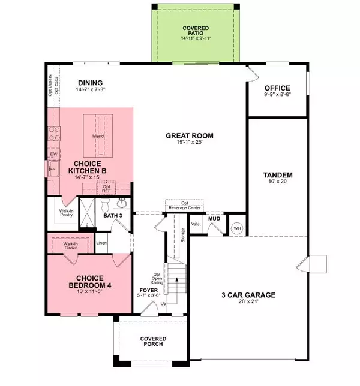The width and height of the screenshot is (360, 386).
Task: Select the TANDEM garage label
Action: [277, 175]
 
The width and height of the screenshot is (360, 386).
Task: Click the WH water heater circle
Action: [236, 228]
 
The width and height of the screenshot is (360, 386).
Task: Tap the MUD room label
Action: [214, 219]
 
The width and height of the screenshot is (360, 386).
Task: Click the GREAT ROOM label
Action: [190, 136]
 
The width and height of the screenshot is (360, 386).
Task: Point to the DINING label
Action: [90, 83]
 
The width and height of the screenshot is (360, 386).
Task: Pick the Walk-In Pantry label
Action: [67, 213]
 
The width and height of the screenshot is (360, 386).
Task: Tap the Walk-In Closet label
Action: [71, 245]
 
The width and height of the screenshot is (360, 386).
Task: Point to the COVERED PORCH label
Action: [153, 343]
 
